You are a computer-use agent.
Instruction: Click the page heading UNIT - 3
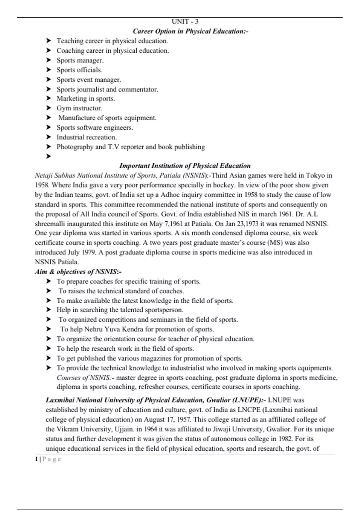coord(185,22)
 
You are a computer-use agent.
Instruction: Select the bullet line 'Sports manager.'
coord(80,60)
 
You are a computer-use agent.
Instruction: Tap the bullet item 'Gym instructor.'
coord(79,108)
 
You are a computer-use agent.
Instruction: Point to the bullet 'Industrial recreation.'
coord(87,137)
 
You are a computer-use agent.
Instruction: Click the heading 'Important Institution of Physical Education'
coord(185,166)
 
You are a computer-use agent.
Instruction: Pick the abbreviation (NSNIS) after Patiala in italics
coord(195,175)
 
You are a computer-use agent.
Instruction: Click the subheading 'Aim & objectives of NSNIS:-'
coord(78,272)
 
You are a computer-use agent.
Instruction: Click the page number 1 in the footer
coord(36,459)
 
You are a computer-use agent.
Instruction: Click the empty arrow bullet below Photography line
coord(48,156)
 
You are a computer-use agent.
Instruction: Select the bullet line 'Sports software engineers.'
coord(95,127)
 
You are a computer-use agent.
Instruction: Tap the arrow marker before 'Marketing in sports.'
coord(48,98)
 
